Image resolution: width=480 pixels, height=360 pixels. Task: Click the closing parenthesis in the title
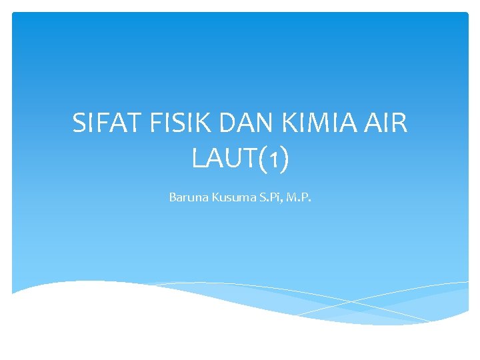click(283, 159)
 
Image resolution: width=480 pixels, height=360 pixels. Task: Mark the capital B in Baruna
click(172, 197)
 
